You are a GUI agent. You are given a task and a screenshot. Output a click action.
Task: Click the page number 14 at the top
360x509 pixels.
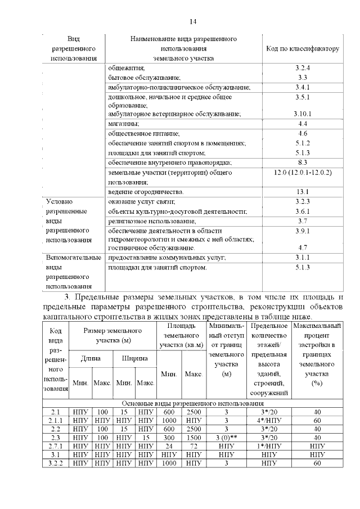[192, 22]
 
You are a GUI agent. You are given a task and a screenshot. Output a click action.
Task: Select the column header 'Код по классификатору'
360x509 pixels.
[302, 48]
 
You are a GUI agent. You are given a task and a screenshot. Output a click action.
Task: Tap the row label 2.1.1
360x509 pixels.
[56, 420]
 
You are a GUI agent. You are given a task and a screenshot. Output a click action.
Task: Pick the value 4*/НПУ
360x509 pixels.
[268, 420]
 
